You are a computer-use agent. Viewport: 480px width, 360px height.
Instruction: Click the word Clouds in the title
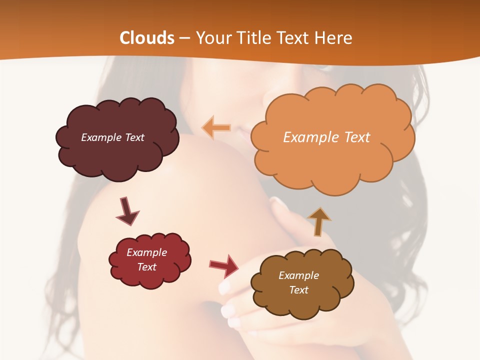(147, 38)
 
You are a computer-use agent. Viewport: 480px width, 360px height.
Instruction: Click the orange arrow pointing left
(216, 127)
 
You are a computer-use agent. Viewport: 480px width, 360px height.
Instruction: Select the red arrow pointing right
(224, 265)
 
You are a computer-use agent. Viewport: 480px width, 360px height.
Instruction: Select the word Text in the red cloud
(147, 267)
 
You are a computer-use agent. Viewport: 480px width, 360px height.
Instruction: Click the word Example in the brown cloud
(298, 275)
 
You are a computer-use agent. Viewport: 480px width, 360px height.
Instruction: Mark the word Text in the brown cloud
(298, 290)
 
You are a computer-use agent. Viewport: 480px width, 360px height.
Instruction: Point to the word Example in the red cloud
(147, 252)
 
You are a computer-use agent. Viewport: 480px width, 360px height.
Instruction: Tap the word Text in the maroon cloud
(134, 137)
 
